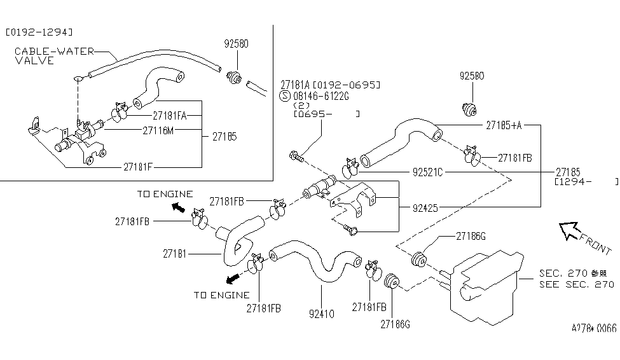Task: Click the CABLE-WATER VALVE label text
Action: click(54, 56)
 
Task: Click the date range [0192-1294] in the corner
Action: click(39, 31)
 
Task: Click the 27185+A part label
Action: click(504, 125)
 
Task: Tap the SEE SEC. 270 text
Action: click(577, 284)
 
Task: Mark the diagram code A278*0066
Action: click(593, 328)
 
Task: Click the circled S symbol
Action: click(286, 96)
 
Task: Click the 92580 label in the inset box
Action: click(236, 45)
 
